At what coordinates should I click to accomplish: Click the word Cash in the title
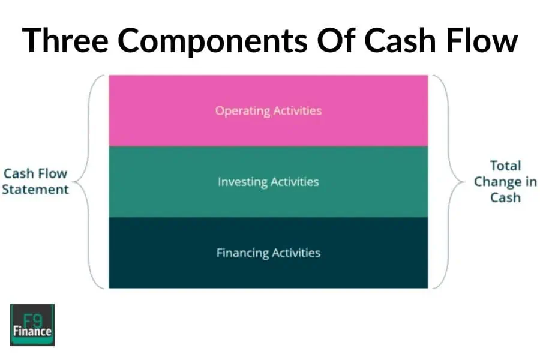(x=398, y=41)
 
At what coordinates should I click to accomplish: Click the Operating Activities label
(x=268, y=111)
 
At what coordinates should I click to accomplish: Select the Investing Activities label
(x=268, y=181)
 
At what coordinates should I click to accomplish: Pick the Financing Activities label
(x=268, y=253)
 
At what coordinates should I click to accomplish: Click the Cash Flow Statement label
(x=36, y=181)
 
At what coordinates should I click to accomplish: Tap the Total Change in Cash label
(x=505, y=181)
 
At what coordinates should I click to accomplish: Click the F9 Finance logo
(x=32, y=325)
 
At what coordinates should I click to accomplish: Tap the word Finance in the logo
(x=32, y=331)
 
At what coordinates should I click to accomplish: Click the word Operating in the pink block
(x=242, y=111)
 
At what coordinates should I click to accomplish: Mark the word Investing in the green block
(x=242, y=181)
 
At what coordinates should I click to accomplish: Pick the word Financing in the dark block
(x=242, y=253)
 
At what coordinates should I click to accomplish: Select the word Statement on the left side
(x=36, y=190)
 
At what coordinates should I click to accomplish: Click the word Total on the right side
(x=505, y=166)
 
